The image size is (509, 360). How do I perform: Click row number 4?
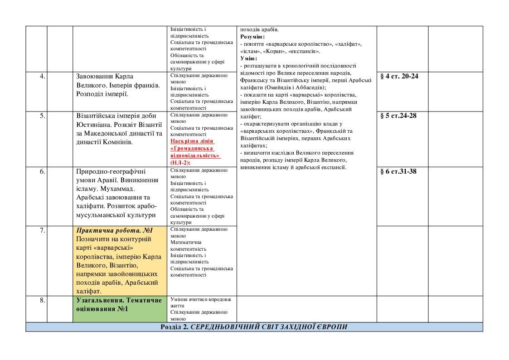pos(42,76)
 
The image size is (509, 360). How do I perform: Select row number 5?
pos(42,116)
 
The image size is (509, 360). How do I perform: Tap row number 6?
pos(42,171)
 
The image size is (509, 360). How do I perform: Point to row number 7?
pos(42,230)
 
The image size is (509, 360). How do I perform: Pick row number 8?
pos(42,300)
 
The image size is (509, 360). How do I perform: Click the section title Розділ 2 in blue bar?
pos(254,327)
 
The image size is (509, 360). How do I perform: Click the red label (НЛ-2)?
pos(180,162)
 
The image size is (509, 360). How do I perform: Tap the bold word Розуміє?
pos(252,37)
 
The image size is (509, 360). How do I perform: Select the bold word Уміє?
pos(248,58)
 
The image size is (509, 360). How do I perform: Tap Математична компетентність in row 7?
pos(189,245)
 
